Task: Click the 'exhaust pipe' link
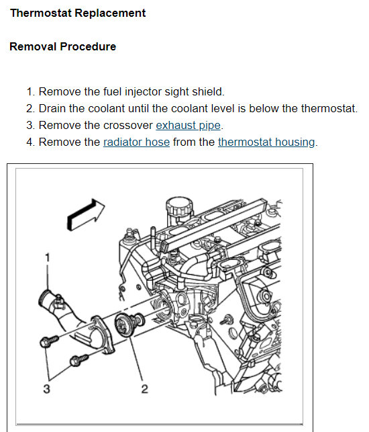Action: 189,126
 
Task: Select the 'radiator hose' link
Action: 136,142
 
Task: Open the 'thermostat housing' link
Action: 266,142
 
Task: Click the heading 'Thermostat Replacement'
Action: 78,13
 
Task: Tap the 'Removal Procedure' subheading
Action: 63,46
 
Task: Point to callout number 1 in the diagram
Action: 48,257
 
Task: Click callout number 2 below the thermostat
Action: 145,389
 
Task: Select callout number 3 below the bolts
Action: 47,389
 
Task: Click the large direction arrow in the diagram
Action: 86,214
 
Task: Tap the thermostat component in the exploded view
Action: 129,325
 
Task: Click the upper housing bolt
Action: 49,341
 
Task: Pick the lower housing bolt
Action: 78,360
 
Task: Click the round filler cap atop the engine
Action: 179,206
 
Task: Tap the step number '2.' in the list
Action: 31,109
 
